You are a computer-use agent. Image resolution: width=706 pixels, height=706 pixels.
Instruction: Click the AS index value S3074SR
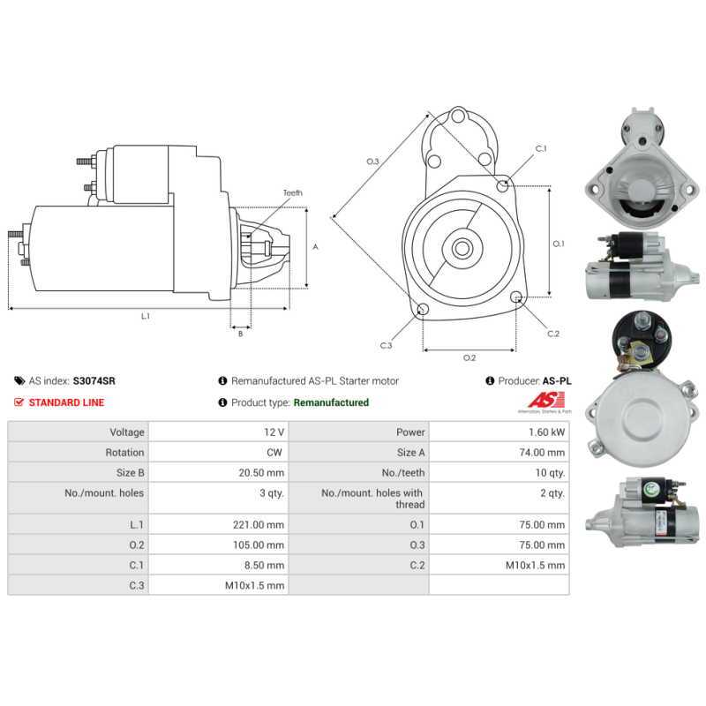[94, 381]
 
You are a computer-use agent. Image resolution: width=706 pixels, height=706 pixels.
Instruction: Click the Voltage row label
[127, 432]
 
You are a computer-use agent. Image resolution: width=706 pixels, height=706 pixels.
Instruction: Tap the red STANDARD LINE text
[67, 402]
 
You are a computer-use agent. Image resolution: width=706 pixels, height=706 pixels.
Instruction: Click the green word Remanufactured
[331, 402]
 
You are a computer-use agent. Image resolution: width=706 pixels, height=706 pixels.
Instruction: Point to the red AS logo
[546, 400]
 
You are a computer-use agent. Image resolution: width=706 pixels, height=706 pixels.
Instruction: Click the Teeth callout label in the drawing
[293, 192]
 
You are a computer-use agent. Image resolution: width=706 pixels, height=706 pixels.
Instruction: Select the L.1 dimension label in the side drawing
[146, 316]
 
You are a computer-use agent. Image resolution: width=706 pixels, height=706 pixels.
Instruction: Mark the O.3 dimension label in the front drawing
[372, 161]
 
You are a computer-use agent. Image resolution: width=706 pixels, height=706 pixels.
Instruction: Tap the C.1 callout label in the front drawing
[541, 148]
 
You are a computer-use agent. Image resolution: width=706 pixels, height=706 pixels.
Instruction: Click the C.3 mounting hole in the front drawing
[423, 309]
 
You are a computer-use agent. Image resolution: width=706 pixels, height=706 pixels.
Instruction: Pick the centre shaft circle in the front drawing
[462, 248]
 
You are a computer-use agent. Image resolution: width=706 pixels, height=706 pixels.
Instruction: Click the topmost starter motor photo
[642, 169]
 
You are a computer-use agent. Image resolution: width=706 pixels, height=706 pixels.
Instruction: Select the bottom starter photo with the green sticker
[642, 513]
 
